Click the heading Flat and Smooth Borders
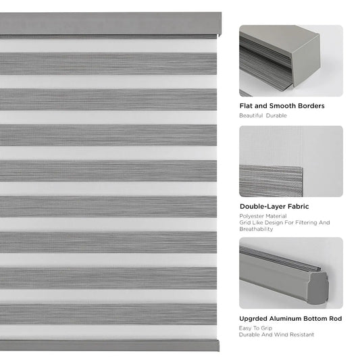282,106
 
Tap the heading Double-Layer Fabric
275,207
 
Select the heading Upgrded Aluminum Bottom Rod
290,318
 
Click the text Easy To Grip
254,328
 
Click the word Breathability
256,229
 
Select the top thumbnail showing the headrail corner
290,60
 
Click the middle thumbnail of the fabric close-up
290,161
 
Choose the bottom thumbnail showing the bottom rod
290,272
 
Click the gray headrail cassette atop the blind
110,24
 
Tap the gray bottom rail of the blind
109,345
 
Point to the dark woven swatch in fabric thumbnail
271,180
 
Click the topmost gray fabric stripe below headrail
108,63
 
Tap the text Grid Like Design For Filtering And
284,222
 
